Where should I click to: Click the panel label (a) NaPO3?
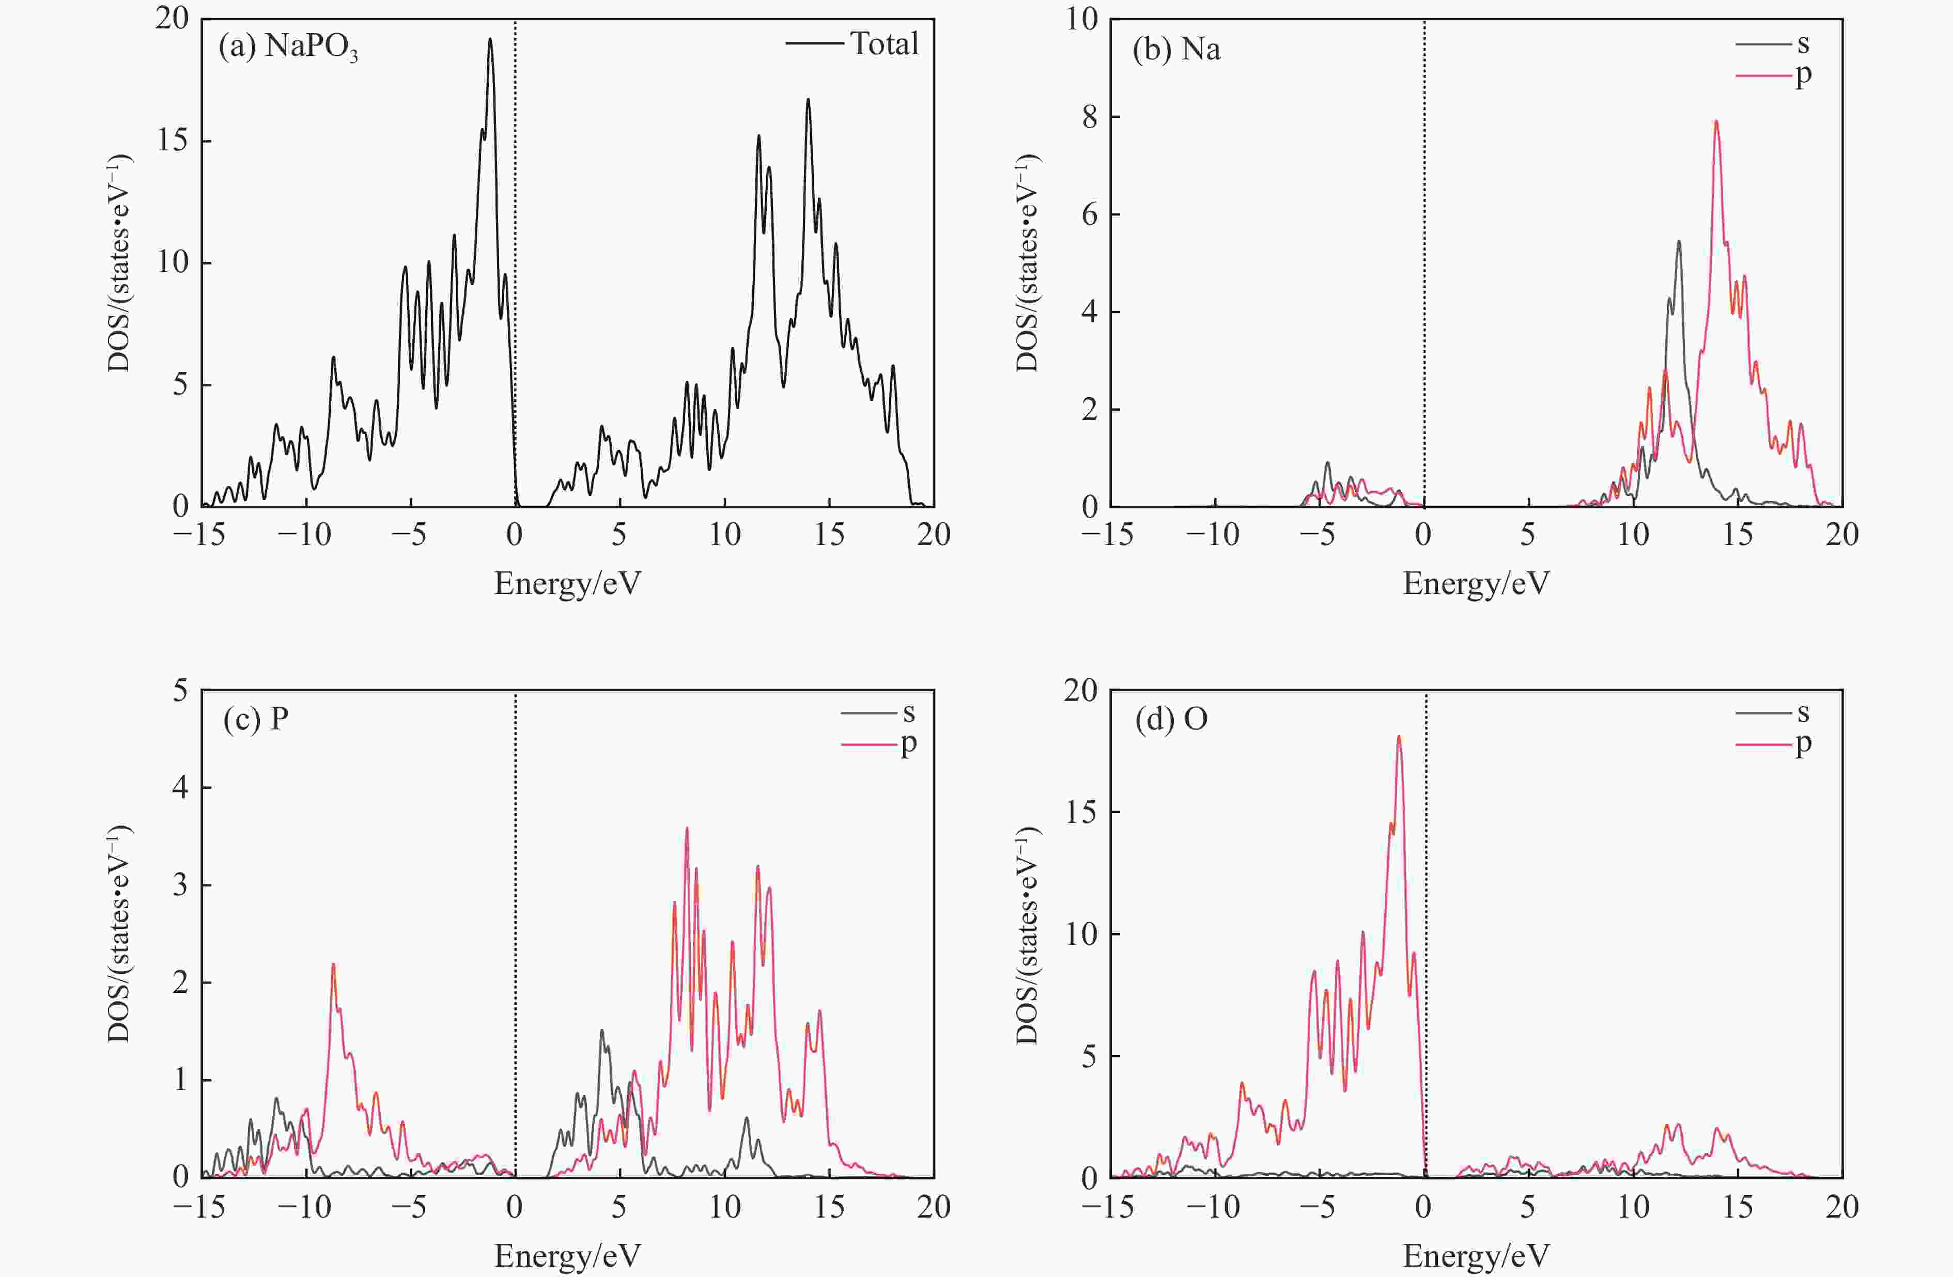tap(288, 48)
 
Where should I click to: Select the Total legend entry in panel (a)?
tap(854, 43)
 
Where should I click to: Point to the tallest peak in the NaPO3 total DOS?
tap(490, 39)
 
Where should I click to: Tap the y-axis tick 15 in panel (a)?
tap(173, 141)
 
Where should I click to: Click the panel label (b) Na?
tap(1176, 49)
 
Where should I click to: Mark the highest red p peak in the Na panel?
tap(1715, 121)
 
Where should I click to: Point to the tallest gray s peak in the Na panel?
tap(1678, 241)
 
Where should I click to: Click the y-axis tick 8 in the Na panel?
tap(1088, 117)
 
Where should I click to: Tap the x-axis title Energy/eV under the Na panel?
tap(1476, 584)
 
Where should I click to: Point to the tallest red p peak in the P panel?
tap(686, 829)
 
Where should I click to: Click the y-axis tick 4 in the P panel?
tap(180, 788)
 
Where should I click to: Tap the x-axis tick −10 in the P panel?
tap(304, 1206)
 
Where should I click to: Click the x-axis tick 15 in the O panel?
tap(1737, 1206)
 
